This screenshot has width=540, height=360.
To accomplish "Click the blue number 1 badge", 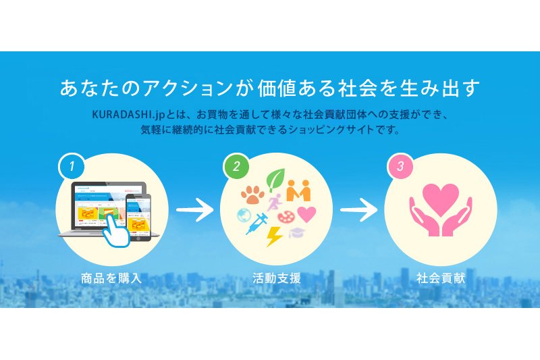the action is pyautogui.click(x=72, y=166).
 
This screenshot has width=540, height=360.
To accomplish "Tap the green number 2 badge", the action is pyautogui.click(x=236, y=166).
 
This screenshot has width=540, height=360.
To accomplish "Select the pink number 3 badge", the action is pyautogui.click(x=400, y=166).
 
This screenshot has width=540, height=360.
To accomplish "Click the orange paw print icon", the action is pyautogui.click(x=252, y=195).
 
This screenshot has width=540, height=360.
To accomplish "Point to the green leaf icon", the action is pyautogui.click(x=276, y=179).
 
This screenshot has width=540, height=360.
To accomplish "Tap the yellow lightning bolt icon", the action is pyautogui.click(x=274, y=236).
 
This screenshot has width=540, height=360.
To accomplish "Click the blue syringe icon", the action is pyautogui.click(x=256, y=224).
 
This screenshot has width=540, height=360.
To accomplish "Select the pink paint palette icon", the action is pyautogui.click(x=286, y=217).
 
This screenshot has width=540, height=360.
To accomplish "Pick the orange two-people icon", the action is pyautogui.click(x=298, y=190).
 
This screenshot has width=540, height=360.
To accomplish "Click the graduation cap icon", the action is pyautogui.click(x=297, y=232).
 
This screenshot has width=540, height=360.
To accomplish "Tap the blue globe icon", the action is pyautogui.click(x=244, y=215).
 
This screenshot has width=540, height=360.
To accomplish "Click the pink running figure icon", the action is pyautogui.click(x=275, y=202).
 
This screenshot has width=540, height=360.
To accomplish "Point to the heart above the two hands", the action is pyautogui.click(x=441, y=199).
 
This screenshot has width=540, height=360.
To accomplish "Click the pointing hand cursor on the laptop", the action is pyautogui.click(x=116, y=230).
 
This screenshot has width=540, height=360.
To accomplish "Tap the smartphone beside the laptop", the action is pyautogui.click(x=138, y=217).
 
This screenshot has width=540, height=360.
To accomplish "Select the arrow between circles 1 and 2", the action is pyautogui.click(x=195, y=209).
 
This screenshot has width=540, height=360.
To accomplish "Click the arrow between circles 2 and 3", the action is pyautogui.click(x=359, y=209).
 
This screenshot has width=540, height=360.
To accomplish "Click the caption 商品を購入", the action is pyautogui.click(x=111, y=278).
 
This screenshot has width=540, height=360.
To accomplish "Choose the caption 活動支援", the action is pyautogui.click(x=277, y=278).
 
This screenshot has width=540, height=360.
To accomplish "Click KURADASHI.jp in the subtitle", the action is pyautogui.click(x=128, y=115).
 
